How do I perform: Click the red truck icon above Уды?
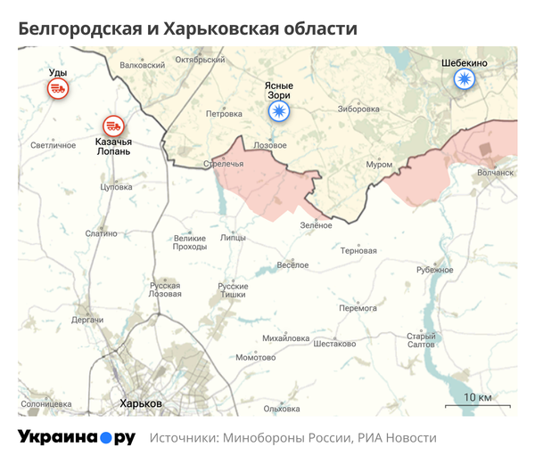tap(58, 88)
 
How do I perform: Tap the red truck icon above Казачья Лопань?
tap(113, 126)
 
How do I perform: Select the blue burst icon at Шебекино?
tap(464, 80)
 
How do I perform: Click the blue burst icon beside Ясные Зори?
tap(280, 111)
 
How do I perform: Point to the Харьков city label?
tap(142, 403)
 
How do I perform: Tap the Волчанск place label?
tap(496, 173)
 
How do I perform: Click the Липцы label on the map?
tap(233, 239)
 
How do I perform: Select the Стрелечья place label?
tap(223, 164)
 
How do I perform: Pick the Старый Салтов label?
tap(421, 340)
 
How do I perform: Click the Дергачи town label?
tap(88, 319)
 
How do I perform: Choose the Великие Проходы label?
tap(190, 242)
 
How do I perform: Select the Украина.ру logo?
tap(77, 437)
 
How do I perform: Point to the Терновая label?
tap(358, 251)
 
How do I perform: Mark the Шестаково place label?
tap(334, 344)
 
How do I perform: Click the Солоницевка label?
tap(45, 403)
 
